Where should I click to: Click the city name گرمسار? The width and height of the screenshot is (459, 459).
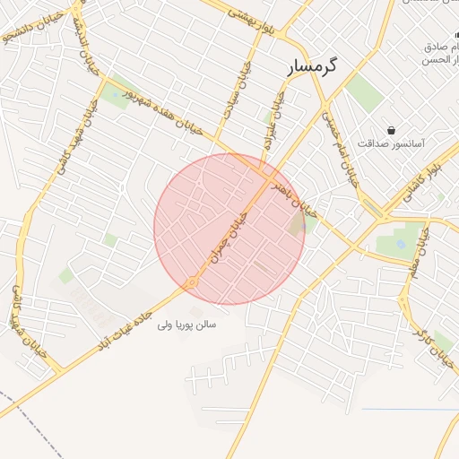(312, 67)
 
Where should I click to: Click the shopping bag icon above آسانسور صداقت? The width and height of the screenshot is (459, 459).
(391, 130)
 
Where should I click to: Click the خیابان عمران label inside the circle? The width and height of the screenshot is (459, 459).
(228, 235)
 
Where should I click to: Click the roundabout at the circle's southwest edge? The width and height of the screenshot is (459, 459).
(191, 282)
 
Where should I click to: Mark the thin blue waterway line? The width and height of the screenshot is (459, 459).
(408, 410)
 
